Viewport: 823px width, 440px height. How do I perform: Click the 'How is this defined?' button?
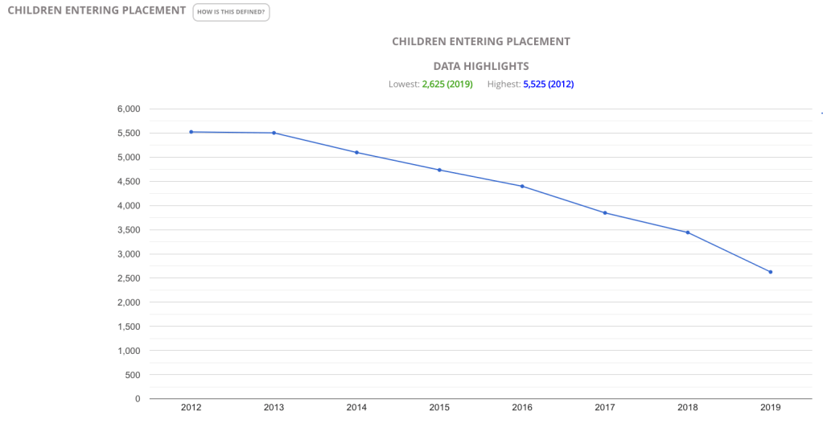tap(231, 12)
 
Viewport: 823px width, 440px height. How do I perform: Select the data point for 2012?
tap(191, 132)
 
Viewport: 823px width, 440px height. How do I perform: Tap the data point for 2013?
tap(274, 133)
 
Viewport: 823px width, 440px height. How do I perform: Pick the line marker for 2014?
tap(356, 153)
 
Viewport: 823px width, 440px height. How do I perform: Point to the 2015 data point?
tap(439, 170)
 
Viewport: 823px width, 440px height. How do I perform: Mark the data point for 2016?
tap(522, 187)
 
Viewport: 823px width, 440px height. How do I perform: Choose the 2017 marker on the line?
tap(605, 212)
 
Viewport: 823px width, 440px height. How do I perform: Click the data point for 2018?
tap(688, 232)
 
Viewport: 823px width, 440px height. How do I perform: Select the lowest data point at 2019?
tap(771, 272)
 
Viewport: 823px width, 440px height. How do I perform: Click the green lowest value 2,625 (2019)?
tap(447, 84)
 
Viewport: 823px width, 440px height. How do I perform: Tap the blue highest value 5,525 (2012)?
tap(549, 84)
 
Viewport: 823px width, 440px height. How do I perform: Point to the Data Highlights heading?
tap(481, 66)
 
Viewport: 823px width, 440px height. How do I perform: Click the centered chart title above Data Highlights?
tap(481, 41)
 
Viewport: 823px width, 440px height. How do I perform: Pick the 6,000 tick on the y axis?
tap(128, 109)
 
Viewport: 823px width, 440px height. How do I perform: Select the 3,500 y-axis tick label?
tap(128, 230)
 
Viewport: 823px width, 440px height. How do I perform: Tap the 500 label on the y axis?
tap(133, 375)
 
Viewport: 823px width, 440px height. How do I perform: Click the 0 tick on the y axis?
tap(138, 399)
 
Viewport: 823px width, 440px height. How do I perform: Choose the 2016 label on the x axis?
tap(522, 408)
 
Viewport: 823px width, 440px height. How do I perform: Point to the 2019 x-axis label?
tap(771, 408)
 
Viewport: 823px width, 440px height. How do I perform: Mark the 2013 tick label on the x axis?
tap(274, 408)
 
